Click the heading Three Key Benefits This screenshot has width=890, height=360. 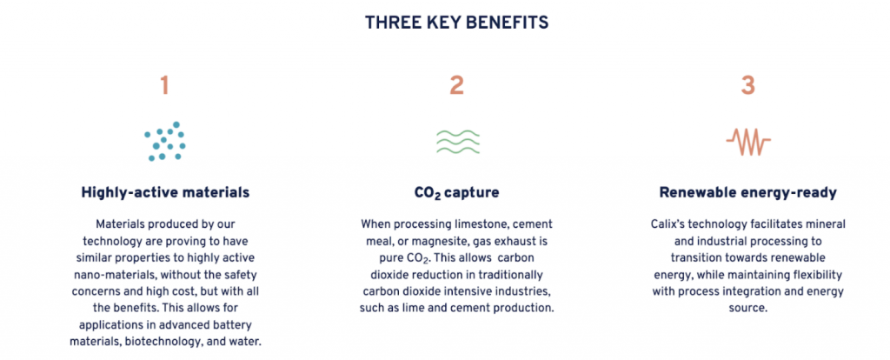tap(456, 22)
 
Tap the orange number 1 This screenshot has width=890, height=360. tap(164, 85)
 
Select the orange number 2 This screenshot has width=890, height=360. tap(457, 85)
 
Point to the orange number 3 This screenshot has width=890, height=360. tap(748, 85)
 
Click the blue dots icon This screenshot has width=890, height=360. tap(164, 142)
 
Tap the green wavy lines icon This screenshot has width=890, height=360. tap(457, 142)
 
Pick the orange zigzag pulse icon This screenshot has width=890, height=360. tap(748, 142)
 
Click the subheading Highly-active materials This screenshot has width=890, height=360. tap(165, 193)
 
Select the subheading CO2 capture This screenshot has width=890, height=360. tap(457, 193)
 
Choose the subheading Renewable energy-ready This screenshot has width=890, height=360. tap(748, 193)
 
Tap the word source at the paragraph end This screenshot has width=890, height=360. tap(747, 309)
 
